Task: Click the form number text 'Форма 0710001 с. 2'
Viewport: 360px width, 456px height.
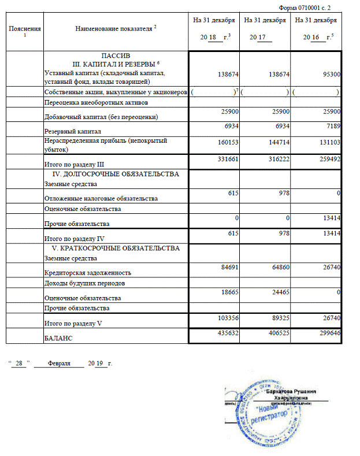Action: click(306, 7)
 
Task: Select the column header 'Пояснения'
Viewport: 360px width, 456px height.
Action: click(25, 28)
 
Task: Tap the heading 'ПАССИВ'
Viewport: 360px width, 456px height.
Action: click(116, 55)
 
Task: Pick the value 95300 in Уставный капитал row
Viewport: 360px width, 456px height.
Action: click(328, 75)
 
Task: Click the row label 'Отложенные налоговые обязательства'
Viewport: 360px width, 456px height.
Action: click(101, 198)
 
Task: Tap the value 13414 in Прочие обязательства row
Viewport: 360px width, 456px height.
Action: click(328, 218)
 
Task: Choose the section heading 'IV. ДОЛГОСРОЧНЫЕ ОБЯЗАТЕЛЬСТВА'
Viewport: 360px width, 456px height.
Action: click(116, 174)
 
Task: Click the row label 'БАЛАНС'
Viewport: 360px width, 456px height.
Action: click(58, 338)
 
